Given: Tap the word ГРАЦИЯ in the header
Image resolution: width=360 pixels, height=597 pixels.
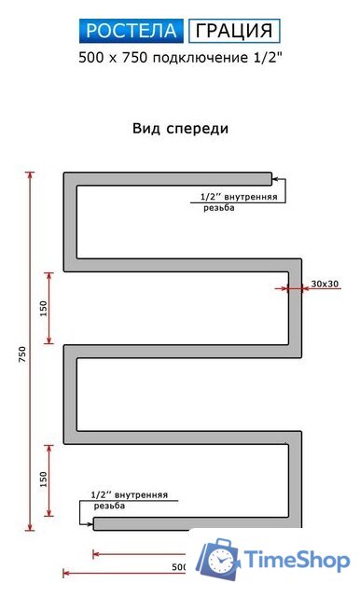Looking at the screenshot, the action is tap(235, 32).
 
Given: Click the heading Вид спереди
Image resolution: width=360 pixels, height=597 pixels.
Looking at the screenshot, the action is tap(180, 128).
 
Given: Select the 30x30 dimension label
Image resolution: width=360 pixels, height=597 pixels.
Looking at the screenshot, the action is tap(325, 284).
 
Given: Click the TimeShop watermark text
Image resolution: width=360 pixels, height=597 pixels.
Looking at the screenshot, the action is tap(297, 559).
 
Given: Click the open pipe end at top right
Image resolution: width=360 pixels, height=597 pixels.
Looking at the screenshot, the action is tap(270, 178).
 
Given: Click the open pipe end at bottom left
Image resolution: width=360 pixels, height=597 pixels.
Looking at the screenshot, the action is tap(95, 524).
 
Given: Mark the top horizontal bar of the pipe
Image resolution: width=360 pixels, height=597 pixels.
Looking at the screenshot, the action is tap(168, 178).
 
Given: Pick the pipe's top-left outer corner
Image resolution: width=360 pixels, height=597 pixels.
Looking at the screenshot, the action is tap(64, 174).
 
